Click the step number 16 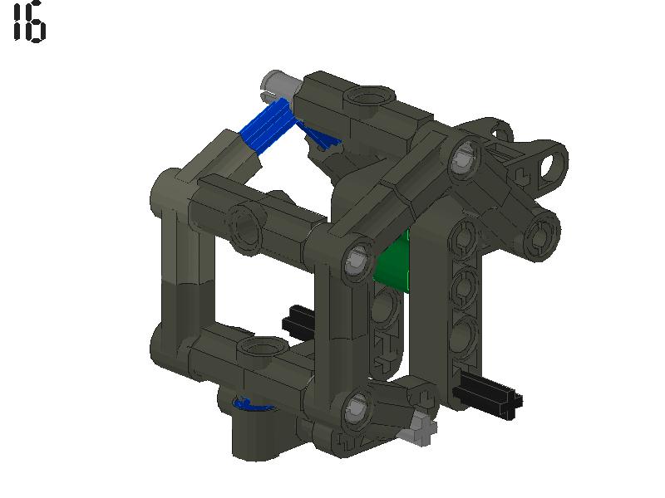coord(29,22)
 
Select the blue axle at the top coord(266,128)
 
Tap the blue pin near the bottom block coord(249,404)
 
